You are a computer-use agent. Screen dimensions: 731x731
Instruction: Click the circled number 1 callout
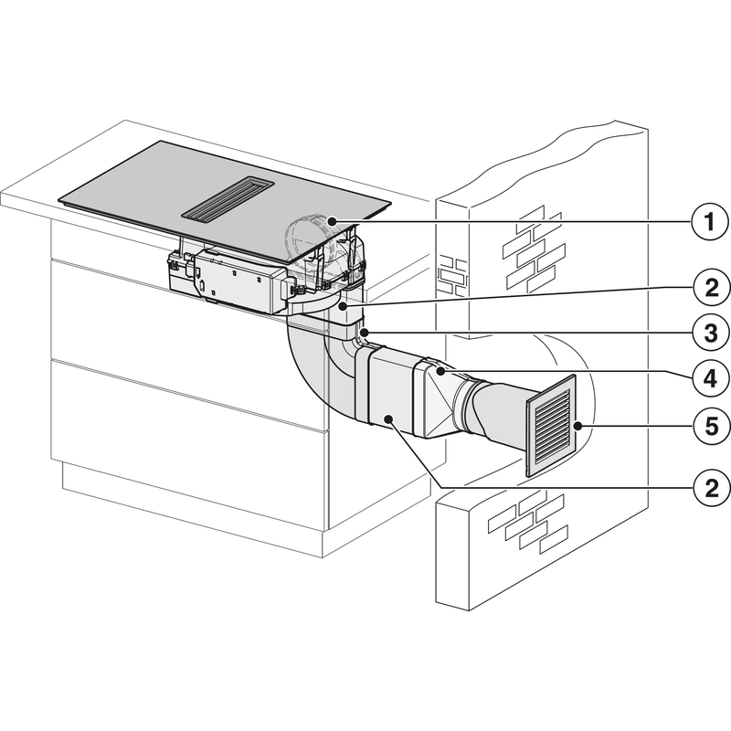[710, 221]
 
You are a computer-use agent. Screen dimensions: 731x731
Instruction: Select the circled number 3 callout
[711, 334]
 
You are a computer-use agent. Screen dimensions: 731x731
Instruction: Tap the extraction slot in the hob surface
[228, 198]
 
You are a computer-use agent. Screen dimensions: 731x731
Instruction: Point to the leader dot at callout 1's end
[332, 220]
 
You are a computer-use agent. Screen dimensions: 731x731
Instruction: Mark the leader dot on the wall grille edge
[578, 426]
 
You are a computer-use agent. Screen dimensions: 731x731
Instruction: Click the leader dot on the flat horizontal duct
[388, 419]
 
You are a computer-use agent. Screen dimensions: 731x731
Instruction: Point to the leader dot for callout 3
[365, 333]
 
